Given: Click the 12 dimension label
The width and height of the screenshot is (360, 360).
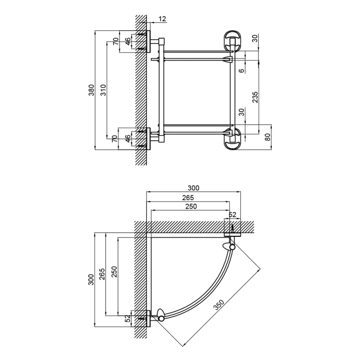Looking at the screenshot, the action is tap(162, 19).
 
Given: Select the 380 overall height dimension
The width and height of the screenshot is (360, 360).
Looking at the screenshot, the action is tap(91, 90).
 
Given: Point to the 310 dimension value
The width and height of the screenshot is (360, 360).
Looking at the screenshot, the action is tap(104, 90).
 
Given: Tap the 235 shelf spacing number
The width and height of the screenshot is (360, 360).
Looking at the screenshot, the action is tap(255, 97).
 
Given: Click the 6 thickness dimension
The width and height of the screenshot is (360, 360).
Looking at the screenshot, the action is tap(241, 70).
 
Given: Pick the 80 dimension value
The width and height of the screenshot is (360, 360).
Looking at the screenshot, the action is tap(268, 137).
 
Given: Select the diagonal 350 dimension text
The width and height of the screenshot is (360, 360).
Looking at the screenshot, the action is tap(219, 305).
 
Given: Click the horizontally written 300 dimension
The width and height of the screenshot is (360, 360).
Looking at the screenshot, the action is tap(194, 188).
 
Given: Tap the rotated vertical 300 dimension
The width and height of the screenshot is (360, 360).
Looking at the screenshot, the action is tap(91, 279).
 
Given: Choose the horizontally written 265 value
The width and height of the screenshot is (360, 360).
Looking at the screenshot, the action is tap(188, 197).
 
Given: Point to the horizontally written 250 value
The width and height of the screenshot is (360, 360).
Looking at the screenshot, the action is tap(191, 206).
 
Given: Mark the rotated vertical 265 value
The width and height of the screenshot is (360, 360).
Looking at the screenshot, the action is tap(102, 274).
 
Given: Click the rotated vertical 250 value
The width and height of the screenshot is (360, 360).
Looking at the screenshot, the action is tap(114, 271).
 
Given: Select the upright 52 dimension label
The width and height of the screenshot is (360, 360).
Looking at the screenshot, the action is tap(232, 215).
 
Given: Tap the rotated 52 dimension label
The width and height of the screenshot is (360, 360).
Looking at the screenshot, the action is tap(128, 318).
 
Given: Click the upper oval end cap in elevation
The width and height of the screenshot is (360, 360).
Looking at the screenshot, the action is tap(232, 40).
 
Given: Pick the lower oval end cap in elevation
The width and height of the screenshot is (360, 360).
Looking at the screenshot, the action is tap(232, 139).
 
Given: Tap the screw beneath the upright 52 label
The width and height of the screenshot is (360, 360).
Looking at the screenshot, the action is tap(233, 228).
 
